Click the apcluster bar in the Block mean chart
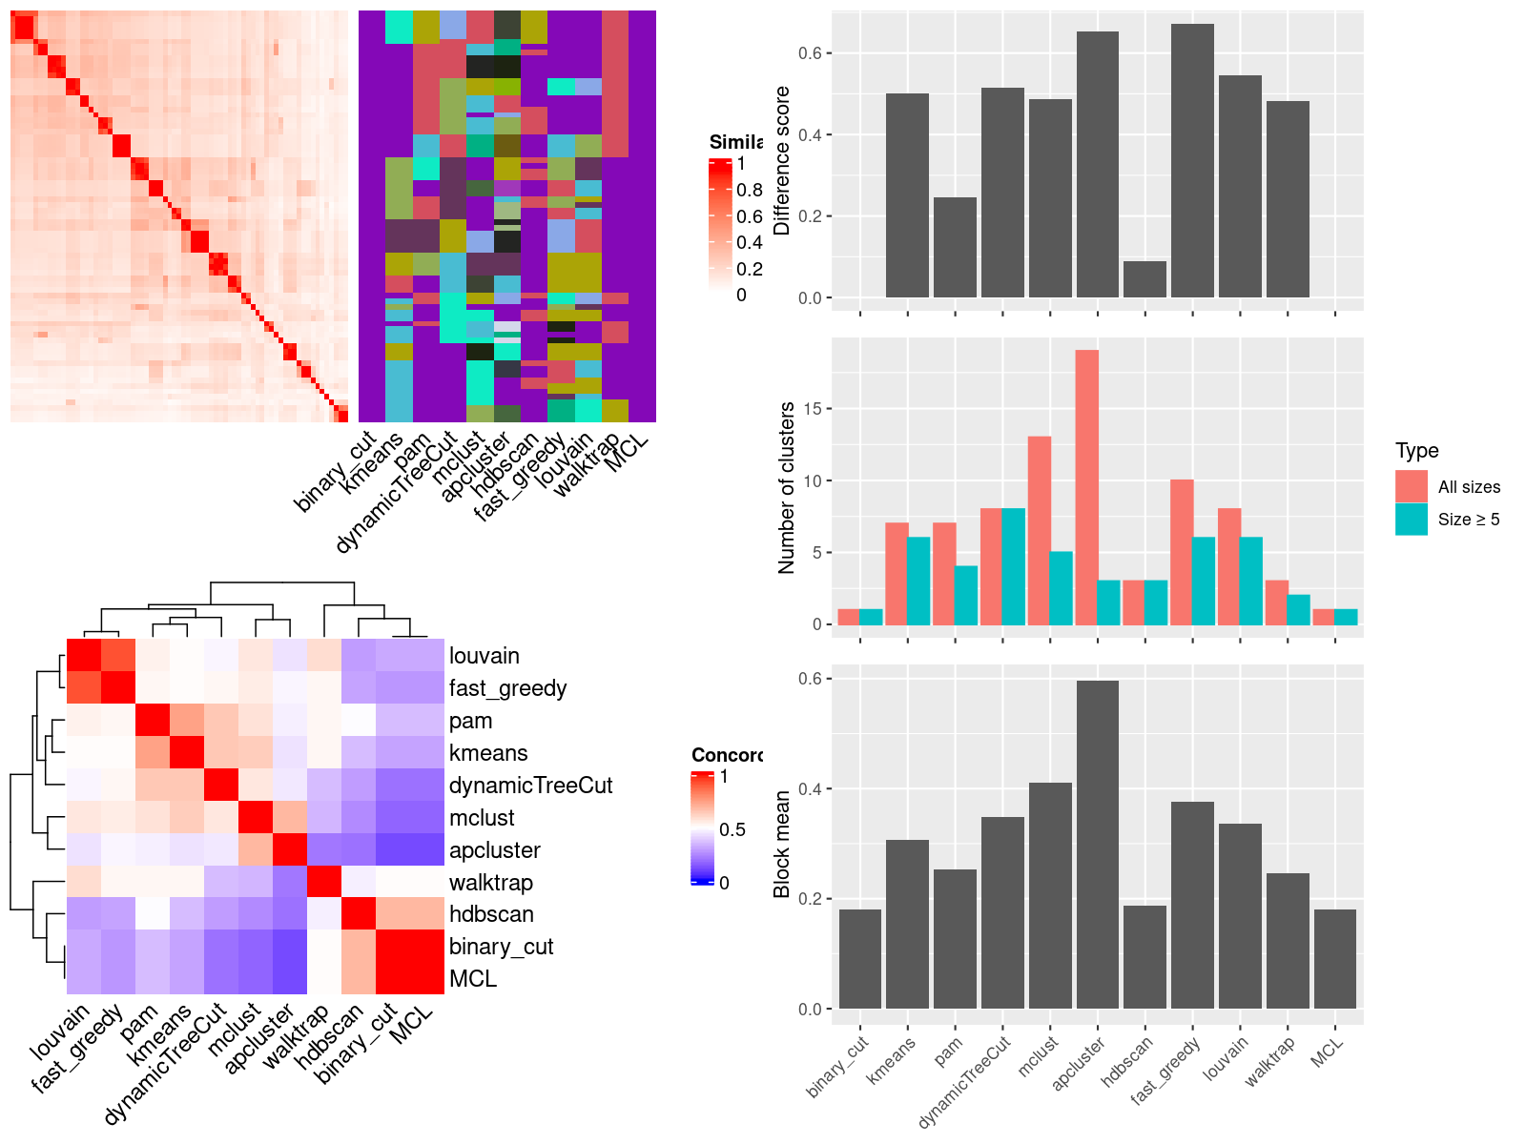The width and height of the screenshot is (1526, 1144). coord(1097,845)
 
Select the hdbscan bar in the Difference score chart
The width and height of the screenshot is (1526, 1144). coord(1144,279)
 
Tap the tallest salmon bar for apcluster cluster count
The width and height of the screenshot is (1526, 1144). coord(1086,487)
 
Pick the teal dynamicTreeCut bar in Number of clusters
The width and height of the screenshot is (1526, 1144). coord(1013,566)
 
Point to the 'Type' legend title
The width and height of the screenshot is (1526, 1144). coord(1416,451)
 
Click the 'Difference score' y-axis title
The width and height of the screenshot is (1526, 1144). coord(783,160)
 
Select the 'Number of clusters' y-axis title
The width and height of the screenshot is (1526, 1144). coord(787,487)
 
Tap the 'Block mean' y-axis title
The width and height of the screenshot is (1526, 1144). coord(783,844)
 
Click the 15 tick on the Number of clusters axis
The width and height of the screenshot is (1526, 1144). coord(812,409)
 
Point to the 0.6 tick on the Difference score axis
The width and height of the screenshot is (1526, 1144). coord(810,53)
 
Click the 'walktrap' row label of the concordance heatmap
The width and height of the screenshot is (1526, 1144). coord(490,883)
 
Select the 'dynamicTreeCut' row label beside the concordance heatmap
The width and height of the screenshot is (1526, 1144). coord(530,786)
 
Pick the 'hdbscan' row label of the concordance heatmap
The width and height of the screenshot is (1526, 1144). coord(491,914)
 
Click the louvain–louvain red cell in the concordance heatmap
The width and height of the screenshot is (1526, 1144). coord(83,655)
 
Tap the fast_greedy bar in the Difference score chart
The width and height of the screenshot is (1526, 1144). coord(1192,160)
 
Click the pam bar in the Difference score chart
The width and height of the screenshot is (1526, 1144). coord(955,247)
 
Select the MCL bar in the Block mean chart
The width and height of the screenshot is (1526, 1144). coord(1334,959)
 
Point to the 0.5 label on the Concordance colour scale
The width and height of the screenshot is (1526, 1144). coord(732,829)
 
